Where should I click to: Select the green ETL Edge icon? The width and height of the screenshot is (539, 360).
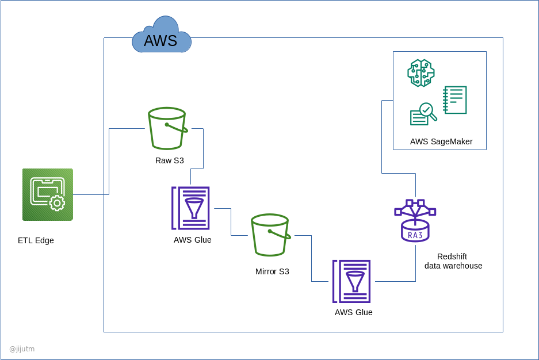[48, 194]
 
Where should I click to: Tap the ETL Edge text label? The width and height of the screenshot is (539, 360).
[36, 240]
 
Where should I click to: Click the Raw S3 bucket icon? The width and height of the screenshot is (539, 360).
[167, 128]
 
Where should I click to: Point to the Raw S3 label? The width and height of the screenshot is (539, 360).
[170, 160]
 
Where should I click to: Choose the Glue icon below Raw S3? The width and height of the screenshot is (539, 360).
[190, 208]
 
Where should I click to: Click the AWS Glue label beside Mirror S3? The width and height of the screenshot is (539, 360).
[193, 240]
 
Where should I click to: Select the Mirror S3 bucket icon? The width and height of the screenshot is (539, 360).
[270, 235]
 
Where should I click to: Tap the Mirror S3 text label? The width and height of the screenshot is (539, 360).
[272, 271]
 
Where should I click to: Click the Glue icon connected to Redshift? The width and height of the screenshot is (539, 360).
[351, 281]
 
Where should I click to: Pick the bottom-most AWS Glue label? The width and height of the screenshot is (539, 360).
[354, 312]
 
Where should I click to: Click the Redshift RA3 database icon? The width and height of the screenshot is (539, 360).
[415, 221]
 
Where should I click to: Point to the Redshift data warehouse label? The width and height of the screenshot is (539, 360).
[453, 261]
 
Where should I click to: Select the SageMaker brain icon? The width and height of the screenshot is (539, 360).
[421, 73]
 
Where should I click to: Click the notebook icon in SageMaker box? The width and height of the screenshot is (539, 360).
[455, 100]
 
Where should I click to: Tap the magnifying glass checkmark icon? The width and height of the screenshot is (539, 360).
[423, 113]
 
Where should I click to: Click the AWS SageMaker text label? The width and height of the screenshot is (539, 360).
[441, 141]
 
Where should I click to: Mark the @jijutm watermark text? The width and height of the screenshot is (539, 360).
[22, 348]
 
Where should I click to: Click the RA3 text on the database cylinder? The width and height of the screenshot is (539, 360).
[415, 235]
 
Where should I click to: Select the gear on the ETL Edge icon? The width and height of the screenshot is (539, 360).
[57, 203]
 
